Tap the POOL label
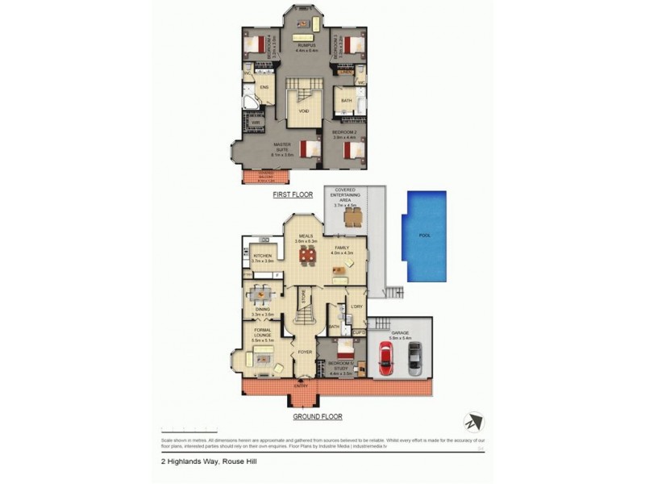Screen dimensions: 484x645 click(426, 236)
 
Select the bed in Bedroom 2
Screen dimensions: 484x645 click(350, 149)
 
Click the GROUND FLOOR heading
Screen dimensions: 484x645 click(317, 417)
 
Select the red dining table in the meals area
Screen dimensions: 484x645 click(307, 256)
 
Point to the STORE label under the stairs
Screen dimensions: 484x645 click(304, 300)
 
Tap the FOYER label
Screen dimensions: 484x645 click(304, 353)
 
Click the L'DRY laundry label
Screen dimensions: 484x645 click(356, 307)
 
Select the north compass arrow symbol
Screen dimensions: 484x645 click(472, 423)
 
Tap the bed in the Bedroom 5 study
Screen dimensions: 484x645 click(344, 349)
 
